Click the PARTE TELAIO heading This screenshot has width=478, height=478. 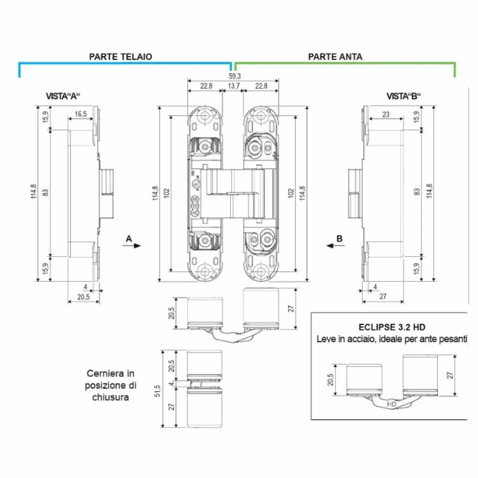tap(120, 56)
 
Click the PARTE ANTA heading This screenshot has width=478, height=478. tap(335, 56)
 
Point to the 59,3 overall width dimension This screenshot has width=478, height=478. tap(234, 76)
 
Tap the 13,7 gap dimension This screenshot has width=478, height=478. tap(233, 85)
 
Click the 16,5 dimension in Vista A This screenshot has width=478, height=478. tap(81, 114)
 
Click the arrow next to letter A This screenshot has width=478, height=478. tap(134, 246)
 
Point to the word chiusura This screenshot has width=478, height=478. tap(110, 397)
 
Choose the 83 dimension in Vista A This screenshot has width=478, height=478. tap(45, 192)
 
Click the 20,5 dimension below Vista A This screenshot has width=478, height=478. tap(83, 296)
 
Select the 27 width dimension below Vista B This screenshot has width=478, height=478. tap(382, 296)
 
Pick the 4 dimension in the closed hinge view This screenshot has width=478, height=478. tap(172, 384)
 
